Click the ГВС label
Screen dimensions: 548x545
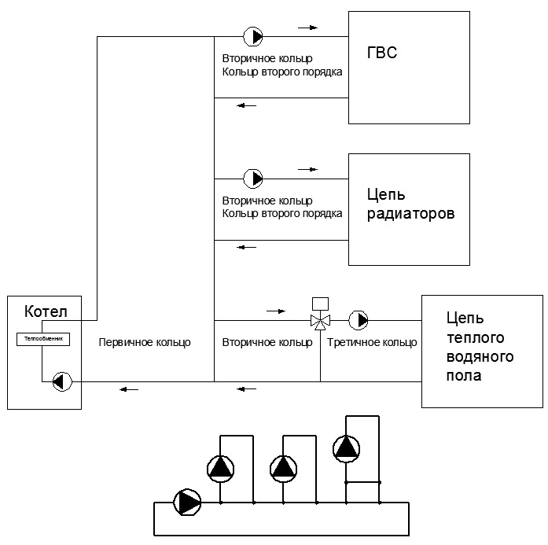pyautogui.click(x=382, y=53)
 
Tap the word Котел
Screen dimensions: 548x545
pyautogui.click(x=46, y=311)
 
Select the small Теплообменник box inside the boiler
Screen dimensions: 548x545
pyautogui.click(x=43, y=339)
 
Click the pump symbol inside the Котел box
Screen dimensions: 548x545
pyautogui.click(x=62, y=381)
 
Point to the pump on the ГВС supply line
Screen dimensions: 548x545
pyautogui.click(x=252, y=36)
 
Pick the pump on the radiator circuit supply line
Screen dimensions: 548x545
pyautogui.click(x=252, y=179)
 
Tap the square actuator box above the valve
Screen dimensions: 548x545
pyautogui.click(x=320, y=304)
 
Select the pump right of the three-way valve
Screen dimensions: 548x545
pyautogui.click(x=359, y=320)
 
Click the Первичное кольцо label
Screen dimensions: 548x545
pyautogui.click(x=145, y=342)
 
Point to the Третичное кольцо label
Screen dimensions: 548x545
pyautogui.click(x=372, y=342)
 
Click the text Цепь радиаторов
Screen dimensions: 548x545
pyautogui.click(x=410, y=204)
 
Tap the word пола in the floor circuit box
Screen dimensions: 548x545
pyautogui.click(x=464, y=376)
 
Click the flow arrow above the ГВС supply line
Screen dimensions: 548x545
pyautogui.click(x=308, y=28)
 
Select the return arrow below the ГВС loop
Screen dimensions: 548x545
pyautogui.click(x=246, y=105)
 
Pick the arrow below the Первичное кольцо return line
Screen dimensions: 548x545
pyautogui.click(x=129, y=389)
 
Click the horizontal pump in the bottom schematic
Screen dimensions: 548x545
pyautogui.click(x=187, y=503)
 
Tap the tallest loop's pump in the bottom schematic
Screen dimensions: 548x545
pyautogui.click(x=347, y=449)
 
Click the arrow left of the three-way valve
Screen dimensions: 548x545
pyautogui.click(x=276, y=311)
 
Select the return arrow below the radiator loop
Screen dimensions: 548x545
pyautogui.click(x=246, y=247)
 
